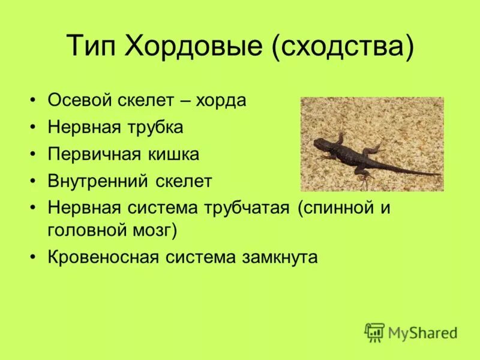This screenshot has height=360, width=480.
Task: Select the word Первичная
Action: [x=90, y=155]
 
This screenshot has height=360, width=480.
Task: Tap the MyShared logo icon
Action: [x=374, y=332]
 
